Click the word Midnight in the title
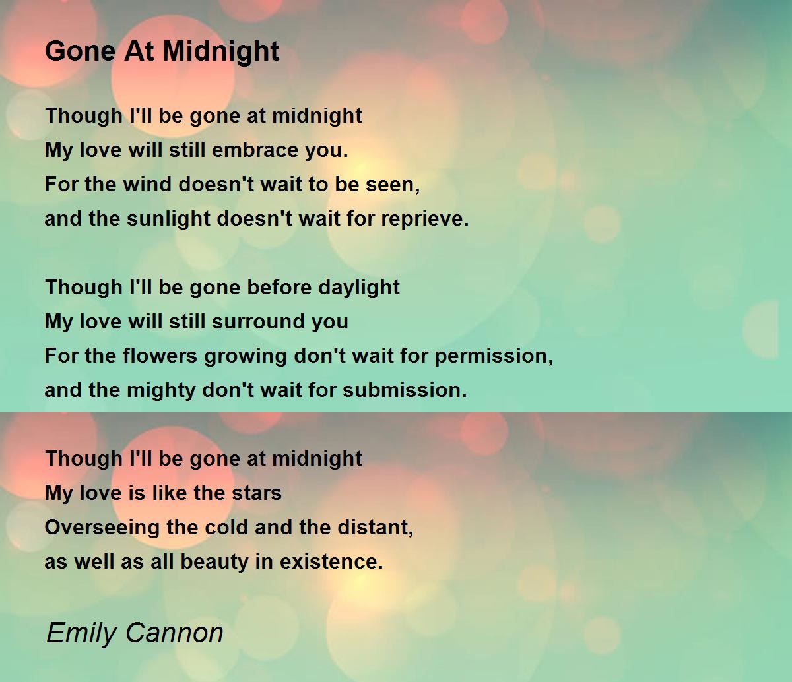[220, 52]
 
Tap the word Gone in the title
[80, 51]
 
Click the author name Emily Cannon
[135, 633]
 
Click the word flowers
[160, 356]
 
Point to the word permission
[494, 357]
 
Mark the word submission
[405, 390]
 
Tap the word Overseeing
[102, 528]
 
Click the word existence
[331, 562]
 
